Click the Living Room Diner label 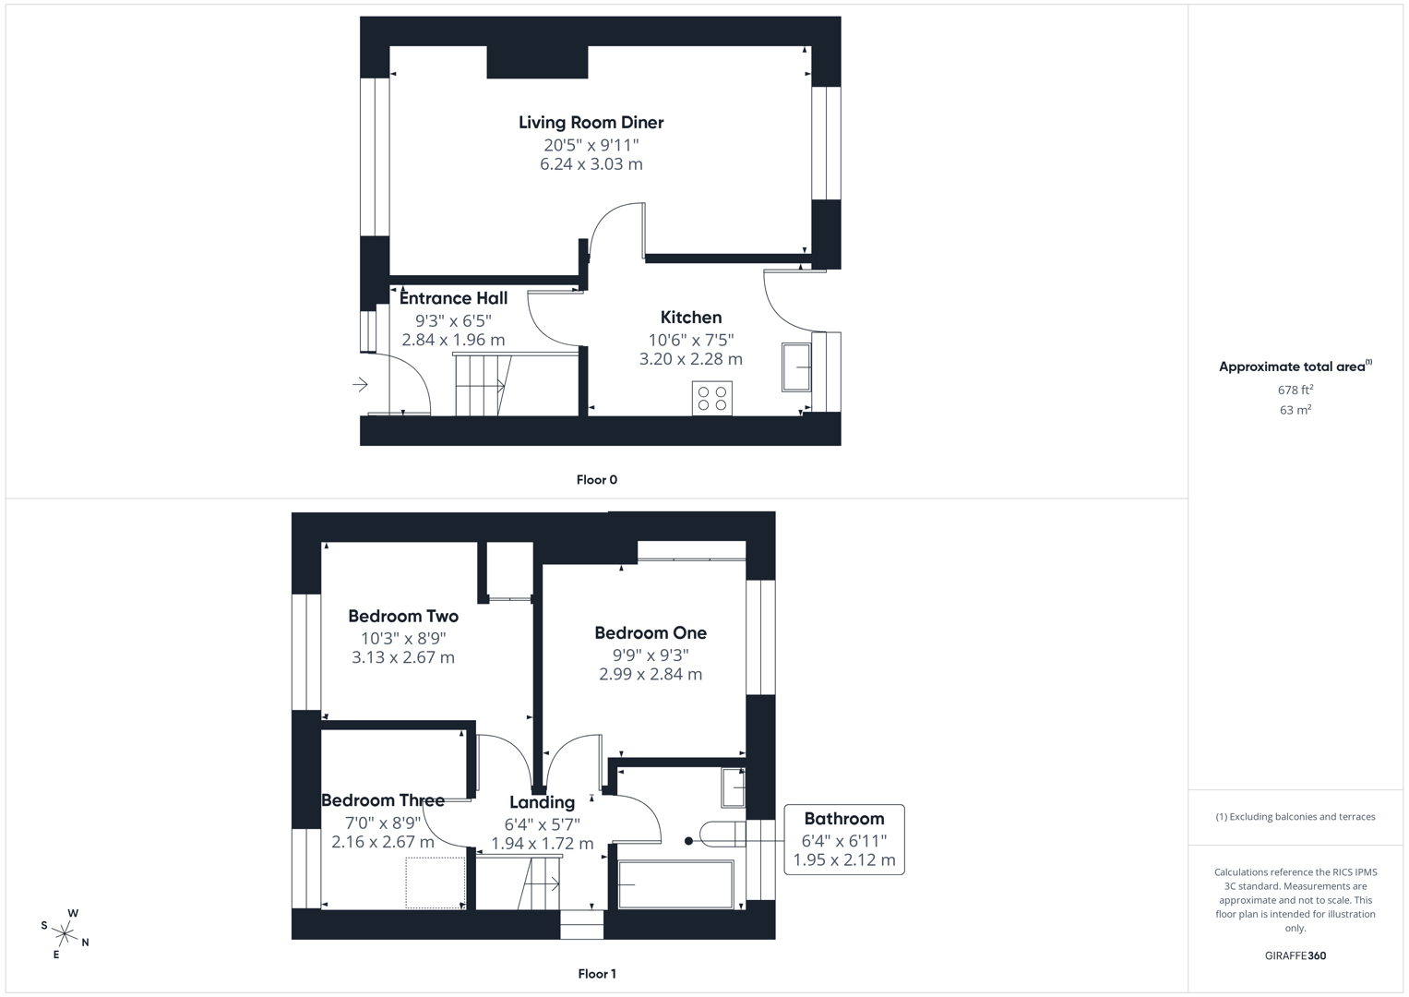pyautogui.click(x=591, y=122)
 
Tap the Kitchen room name pyautogui.click(x=690, y=317)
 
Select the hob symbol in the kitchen pyautogui.click(x=711, y=398)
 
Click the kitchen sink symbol pyautogui.click(x=795, y=366)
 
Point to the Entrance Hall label pyautogui.click(x=453, y=298)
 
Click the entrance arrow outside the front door pyautogui.click(x=360, y=384)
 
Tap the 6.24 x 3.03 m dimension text pyautogui.click(x=591, y=164)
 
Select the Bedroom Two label pyautogui.click(x=403, y=616)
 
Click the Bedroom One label pyautogui.click(x=651, y=632)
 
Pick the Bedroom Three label pyautogui.click(x=383, y=800)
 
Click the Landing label pyautogui.click(x=542, y=802)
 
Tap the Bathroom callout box pyautogui.click(x=843, y=839)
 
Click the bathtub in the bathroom pyautogui.click(x=675, y=884)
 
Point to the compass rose pyautogui.click(x=65, y=933)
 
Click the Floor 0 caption pyautogui.click(x=596, y=479)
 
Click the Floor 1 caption pyautogui.click(x=596, y=973)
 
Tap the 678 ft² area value pyautogui.click(x=1295, y=390)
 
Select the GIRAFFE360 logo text pyautogui.click(x=1295, y=955)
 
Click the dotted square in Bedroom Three pyautogui.click(x=435, y=883)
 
